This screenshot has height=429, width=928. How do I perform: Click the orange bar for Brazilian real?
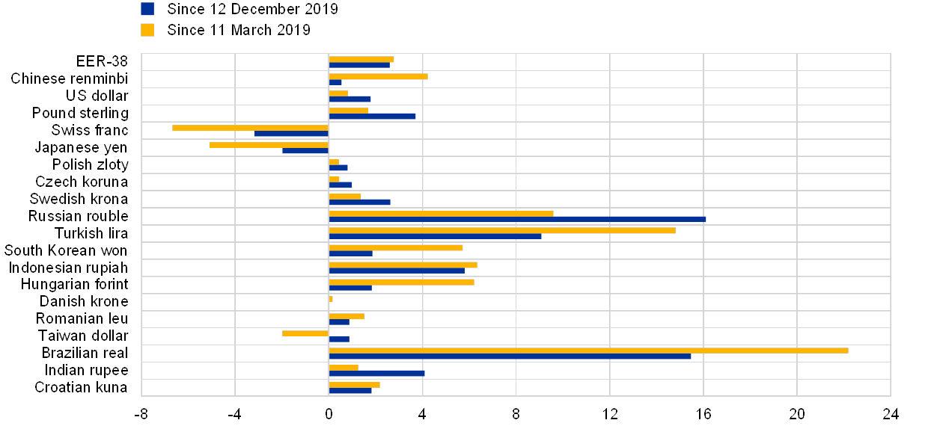click(588, 351)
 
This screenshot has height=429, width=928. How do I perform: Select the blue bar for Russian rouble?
click(517, 219)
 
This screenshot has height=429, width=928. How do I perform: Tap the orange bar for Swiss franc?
click(250, 128)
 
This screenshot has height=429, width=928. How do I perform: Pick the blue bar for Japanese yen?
click(305, 151)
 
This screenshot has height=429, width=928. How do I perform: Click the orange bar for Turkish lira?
click(502, 230)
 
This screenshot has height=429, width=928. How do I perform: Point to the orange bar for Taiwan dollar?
click(305, 333)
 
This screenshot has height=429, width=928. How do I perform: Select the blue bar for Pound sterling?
click(372, 117)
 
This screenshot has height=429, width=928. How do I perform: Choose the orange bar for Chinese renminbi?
click(378, 76)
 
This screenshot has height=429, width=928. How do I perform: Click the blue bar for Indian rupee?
click(376, 374)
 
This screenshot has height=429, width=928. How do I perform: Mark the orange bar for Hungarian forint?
click(401, 282)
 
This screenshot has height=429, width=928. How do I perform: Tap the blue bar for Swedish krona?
click(359, 202)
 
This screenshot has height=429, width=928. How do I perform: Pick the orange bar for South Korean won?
click(396, 247)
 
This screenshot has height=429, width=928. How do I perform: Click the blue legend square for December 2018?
click(147, 9)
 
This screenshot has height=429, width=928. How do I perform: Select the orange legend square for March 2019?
click(147, 30)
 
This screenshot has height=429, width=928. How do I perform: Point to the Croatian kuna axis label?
click(82, 388)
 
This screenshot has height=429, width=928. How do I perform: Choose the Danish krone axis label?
click(85, 302)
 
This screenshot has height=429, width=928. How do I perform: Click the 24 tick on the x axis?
click(890, 412)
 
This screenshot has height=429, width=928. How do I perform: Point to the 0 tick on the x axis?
click(329, 412)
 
